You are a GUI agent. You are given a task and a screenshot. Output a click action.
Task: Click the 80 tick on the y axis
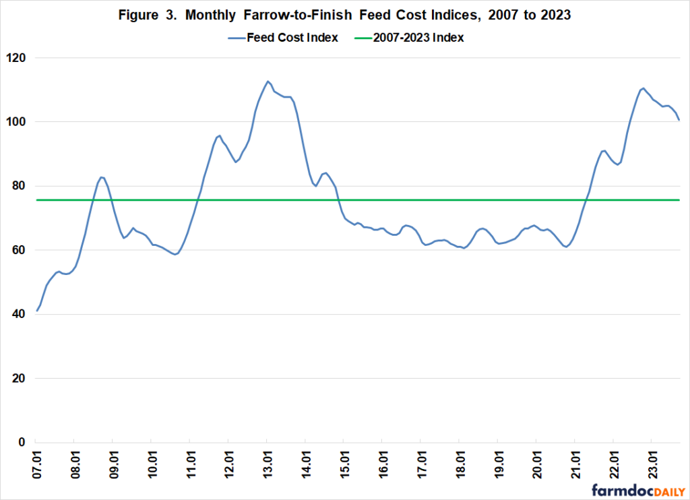pos(20,186)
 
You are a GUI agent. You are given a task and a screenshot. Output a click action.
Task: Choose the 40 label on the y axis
pos(20,314)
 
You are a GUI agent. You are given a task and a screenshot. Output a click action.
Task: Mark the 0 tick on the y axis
pos(23,442)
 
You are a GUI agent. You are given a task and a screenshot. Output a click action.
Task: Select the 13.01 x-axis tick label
pos(268,466)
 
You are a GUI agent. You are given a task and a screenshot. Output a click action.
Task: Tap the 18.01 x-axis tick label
pos(460,466)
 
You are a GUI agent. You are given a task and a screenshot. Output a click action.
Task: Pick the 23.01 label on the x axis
pos(652,466)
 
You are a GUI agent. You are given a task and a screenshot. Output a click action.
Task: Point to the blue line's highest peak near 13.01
pos(268,82)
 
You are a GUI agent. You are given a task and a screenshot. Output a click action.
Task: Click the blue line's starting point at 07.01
pos(37,311)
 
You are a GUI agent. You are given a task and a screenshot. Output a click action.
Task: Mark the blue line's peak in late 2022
pos(643,88)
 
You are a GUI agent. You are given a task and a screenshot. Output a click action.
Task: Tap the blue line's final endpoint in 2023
pos(679,120)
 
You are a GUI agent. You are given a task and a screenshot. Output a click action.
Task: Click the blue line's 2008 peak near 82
pos(101,177)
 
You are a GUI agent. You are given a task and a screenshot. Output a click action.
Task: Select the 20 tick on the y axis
pos(20,378)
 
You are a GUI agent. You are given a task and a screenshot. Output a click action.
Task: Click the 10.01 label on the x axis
pos(152,466)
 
